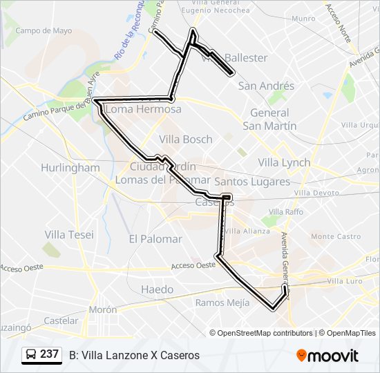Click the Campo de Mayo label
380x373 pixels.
tap(44, 31)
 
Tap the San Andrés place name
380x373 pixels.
tap(266, 86)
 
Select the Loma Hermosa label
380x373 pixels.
tap(144, 109)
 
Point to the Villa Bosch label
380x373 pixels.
tap(186, 139)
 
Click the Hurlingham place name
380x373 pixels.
tap(70, 168)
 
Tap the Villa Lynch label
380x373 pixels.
tap(284, 162)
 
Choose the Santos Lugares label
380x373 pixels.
tap(252, 181)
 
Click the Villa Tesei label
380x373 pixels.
tap(69, 235)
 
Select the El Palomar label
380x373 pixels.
tap(155, 239)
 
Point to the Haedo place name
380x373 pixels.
tap(157, 289)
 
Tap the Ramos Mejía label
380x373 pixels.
tap(220, 303)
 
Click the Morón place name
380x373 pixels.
tap(102, 309)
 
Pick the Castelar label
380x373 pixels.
tap(61, 321)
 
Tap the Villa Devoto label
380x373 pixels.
tap(315, 193)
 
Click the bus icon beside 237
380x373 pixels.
tap(30, 355)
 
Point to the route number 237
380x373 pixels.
tap(49, 354)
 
